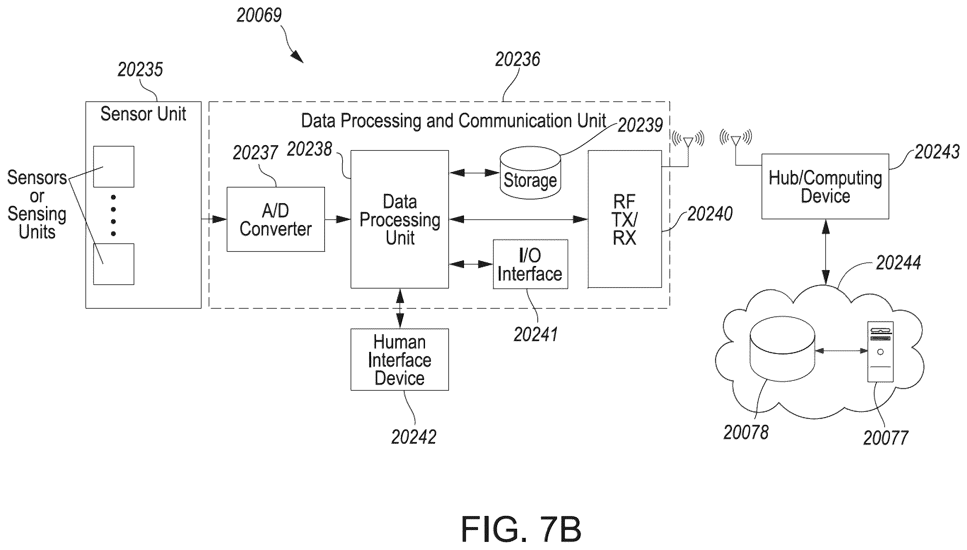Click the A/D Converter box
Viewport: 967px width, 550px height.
point(275,219)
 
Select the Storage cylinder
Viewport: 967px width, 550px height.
point(530,173)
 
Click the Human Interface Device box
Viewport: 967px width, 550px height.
point(400,360)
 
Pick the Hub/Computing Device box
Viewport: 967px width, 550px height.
point(825,186)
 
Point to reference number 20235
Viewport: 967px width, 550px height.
point(140,70)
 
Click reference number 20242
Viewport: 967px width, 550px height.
point(414,437)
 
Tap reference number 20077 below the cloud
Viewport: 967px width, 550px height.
point(886,438)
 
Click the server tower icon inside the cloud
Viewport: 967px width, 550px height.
point(880,352)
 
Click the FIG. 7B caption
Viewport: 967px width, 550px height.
point(521,529)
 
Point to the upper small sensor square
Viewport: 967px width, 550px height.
point(114,167)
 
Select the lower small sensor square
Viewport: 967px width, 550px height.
point(114,264)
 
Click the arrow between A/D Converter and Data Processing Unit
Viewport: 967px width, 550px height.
point(338,219)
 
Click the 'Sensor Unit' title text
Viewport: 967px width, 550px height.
point(143,114)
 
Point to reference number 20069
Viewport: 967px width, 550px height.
point(259,15)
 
